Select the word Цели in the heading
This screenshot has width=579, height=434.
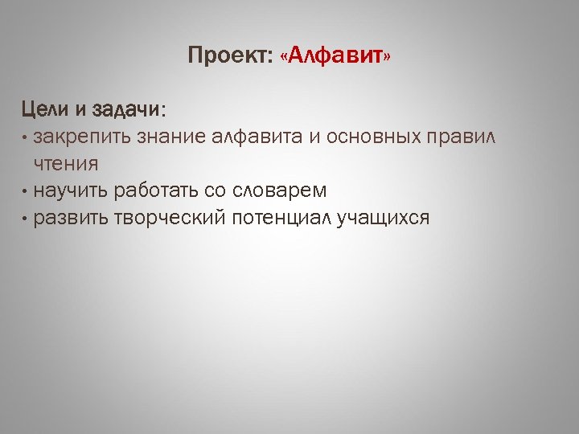point(43,108)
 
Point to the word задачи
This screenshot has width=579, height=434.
point(127,108)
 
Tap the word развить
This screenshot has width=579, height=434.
point(71,218)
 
